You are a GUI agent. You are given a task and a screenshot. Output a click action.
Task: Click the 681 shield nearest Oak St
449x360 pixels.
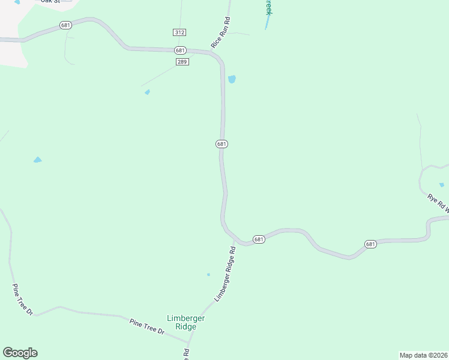tap(65, 25)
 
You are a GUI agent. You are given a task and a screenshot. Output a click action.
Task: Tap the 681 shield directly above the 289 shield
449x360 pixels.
tap(181, 50)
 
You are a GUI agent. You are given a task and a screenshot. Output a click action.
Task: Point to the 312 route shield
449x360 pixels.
tap(179, 32)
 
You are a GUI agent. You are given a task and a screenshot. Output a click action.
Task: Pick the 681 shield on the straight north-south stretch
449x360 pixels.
tap(221, 144)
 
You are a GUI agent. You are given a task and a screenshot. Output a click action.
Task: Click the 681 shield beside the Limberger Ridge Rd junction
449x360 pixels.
tap(259, 239)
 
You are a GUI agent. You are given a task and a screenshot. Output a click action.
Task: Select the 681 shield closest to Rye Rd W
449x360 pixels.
tap(370, 244)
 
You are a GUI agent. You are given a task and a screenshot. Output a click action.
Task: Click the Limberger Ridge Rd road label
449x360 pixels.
tap(224, 274)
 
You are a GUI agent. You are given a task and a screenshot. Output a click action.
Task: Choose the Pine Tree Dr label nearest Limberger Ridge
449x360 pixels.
tap(147, 326)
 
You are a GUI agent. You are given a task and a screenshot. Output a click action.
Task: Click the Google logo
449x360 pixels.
tap(20, 353)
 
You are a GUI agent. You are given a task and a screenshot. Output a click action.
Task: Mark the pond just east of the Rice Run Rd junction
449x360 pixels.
tap(232, 79)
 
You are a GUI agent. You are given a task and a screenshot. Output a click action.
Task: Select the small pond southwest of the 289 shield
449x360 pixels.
tap(147, 92)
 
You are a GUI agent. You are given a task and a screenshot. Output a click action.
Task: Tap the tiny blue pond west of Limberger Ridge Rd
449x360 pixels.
tap(208, 275)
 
